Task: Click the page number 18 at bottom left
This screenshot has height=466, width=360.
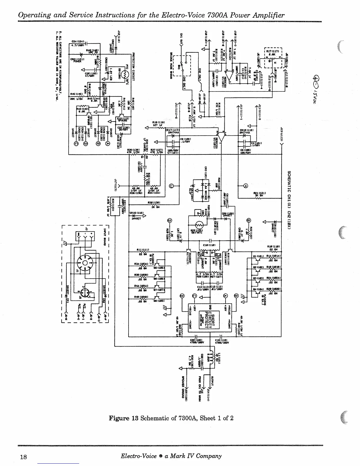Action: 23,457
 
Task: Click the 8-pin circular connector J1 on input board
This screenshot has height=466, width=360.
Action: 85,262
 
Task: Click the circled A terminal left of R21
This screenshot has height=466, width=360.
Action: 245,185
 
